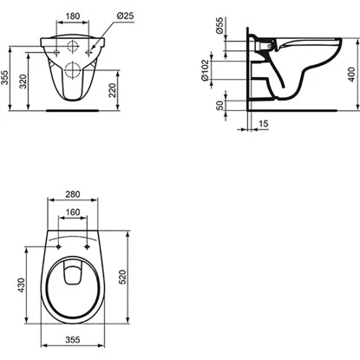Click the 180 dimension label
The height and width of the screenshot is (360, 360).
72,16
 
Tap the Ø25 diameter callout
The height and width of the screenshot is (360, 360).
125,16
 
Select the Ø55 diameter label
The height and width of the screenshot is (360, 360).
219,26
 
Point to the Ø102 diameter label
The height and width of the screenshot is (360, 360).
205,70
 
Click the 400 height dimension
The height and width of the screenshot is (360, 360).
351,75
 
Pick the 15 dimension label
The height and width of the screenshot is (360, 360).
263,124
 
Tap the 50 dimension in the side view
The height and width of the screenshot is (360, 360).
220,105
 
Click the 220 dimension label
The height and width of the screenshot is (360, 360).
113,90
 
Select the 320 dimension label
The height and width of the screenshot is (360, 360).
23,82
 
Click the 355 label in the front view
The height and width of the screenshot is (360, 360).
5,77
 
